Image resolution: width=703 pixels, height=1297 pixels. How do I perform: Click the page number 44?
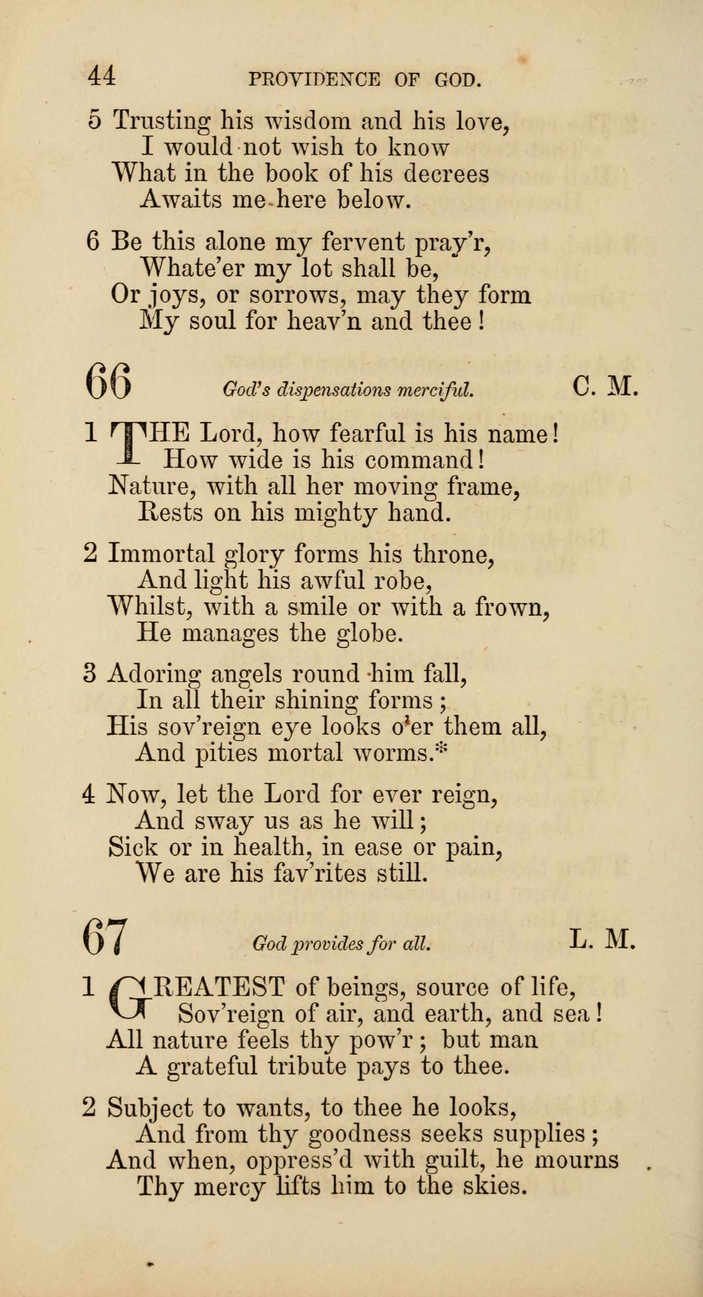102,77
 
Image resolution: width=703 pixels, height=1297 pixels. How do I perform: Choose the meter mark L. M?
603,939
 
